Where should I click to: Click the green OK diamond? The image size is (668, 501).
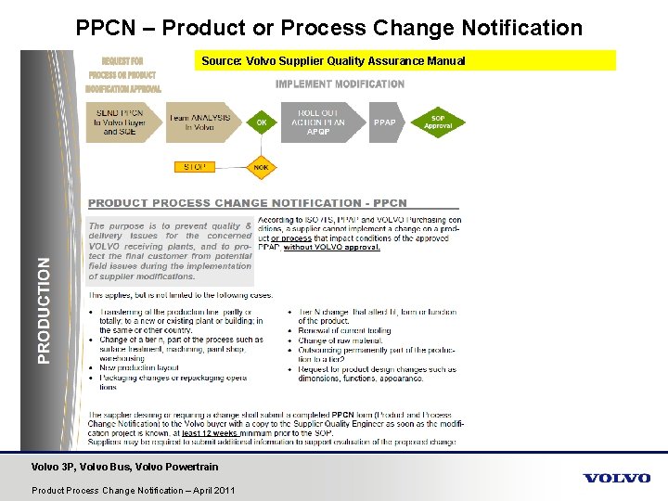262,122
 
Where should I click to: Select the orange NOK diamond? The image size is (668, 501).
262,167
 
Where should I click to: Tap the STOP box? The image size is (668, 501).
195,167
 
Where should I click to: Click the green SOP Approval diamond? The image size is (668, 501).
438,122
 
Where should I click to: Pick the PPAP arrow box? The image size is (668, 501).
385,122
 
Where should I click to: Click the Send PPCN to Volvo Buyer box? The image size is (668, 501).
122,122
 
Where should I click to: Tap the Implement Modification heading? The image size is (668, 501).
340,83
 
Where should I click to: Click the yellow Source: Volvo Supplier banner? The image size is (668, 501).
407,60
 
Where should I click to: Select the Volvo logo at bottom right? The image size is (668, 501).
616,478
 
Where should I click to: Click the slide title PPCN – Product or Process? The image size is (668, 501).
329,28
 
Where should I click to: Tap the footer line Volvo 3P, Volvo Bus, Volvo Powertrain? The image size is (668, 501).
125,467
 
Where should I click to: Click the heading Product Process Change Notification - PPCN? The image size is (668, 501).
248,202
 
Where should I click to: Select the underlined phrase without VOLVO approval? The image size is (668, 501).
331,248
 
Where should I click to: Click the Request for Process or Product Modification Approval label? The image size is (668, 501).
122,74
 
